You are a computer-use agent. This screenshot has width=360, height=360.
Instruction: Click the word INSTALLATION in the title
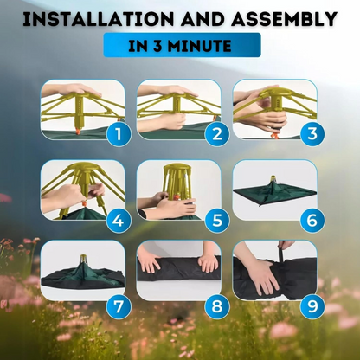point(99,19)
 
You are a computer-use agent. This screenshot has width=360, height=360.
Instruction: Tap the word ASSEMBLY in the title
point(285,19)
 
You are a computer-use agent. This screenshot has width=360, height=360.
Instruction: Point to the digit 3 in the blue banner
point(157,46)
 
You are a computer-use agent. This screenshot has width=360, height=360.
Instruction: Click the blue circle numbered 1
point(119,134)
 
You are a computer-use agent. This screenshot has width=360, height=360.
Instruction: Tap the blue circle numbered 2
point(217,134)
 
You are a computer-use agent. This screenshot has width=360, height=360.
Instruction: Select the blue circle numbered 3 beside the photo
point(312,134)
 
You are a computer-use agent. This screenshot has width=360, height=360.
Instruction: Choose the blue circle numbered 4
point(119,221)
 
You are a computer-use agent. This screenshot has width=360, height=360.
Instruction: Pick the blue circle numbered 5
point(217,221)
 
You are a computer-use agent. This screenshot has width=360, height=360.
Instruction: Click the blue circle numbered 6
point(312,221)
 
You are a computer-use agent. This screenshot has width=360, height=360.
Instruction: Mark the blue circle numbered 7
point(119,306)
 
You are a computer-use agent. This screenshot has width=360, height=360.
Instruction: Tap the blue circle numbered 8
point(217,306)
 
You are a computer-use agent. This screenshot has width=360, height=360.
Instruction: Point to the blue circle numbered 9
point(312,306)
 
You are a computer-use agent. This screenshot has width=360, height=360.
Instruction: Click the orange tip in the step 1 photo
point(78,132)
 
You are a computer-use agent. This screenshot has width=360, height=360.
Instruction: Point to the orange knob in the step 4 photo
point(85,203)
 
